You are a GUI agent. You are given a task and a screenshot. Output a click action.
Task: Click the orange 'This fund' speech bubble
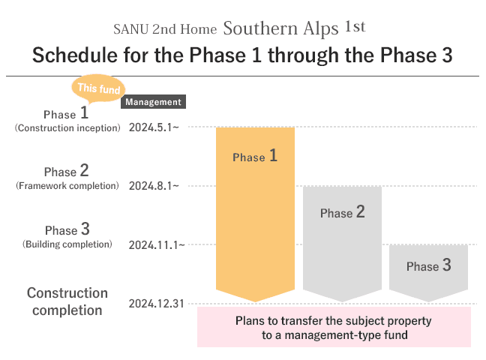pos(98,88)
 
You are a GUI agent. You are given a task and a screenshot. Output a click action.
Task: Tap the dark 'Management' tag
pos(154,102)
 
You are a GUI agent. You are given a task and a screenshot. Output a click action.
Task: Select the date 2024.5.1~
pos(154,127)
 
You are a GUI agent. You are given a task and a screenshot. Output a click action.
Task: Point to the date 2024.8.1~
pos(154,186)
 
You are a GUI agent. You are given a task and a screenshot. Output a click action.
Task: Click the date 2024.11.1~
pos(157,245)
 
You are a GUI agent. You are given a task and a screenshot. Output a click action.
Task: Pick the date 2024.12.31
pos(157,304)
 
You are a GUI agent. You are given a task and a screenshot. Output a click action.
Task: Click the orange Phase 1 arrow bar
pos(255,214)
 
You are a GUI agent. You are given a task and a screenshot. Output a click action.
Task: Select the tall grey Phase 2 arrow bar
pos(342,244)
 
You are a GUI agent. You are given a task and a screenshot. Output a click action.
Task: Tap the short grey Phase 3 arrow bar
pos(428,273)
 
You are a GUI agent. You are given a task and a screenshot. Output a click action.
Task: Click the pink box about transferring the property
pos(334,327)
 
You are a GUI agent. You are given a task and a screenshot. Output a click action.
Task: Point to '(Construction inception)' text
pos(67,128)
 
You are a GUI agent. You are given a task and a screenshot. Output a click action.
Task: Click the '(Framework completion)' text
pos(67,186)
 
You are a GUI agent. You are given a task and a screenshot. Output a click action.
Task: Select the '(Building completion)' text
pos(67,244)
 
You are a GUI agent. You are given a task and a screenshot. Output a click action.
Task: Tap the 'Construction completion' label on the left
pos(67,301)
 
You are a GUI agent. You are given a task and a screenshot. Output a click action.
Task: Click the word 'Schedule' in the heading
pos(75,55)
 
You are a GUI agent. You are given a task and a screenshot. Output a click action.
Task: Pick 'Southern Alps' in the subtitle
pos(280,28)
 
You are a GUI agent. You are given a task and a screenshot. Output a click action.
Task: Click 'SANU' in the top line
pos(130,29)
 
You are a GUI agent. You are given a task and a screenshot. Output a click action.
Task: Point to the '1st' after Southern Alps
pos(355,27)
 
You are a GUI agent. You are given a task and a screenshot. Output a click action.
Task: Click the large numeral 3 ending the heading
pos(447,55)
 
